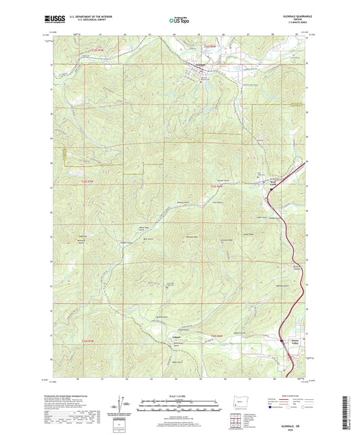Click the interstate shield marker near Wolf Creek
pos(271,190)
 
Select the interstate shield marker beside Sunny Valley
pos(282,340)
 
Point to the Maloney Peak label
pos(191,237)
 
